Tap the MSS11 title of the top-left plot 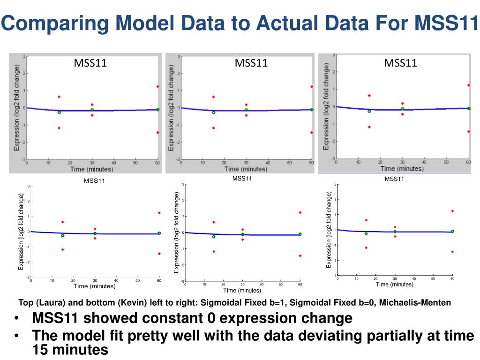coord(90,63)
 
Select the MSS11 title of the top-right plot coord(401,63)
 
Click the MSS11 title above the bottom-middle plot coord(242,179)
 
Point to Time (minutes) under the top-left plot coord(92,169)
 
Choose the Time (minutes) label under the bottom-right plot coord(395,285)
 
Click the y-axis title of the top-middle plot coord(171,108)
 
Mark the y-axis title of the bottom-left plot coord(21,232)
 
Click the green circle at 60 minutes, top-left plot coord(157,110)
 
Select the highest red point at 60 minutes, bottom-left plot coord(159,213)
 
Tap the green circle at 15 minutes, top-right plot coord(369,111)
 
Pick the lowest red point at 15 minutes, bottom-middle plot coord(214,252)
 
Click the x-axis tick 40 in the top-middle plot coord(268,163)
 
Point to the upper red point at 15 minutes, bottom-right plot coord(366,220)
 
